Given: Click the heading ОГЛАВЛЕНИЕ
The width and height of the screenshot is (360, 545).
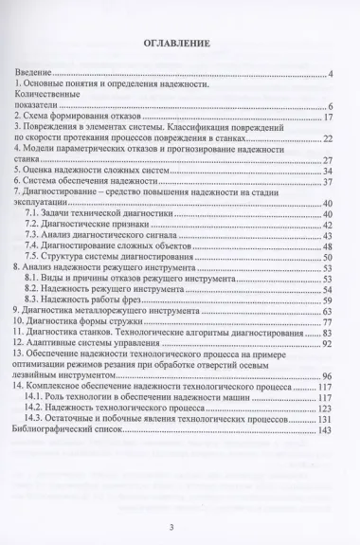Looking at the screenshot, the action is pos(180,44).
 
